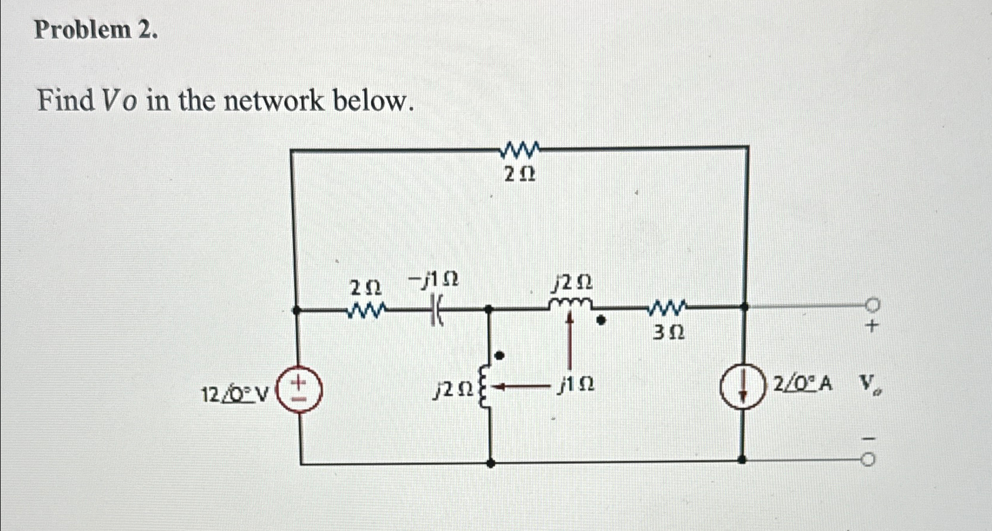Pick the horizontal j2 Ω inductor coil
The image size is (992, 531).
click(x=569, y=303)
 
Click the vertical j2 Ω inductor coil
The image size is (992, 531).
click(x=486, y=386)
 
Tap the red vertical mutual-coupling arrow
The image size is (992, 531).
click(x=569, y=344)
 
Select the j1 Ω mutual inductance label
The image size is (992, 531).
click(x=576, y=385)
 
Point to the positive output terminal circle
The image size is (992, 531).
click(x=872, y=305)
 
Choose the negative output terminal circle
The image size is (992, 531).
click(x=868, y=461)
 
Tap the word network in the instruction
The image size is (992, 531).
click(x=274, y=101)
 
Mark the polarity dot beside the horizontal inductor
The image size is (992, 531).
click(x=600, y=321)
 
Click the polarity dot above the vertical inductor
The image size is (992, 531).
click(x=499, y=356)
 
